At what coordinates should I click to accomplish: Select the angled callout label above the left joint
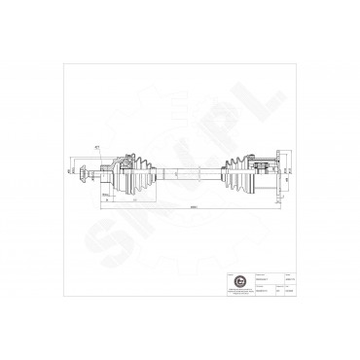(x=98, y=147)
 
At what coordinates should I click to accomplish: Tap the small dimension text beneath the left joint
(x=105, y=197)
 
